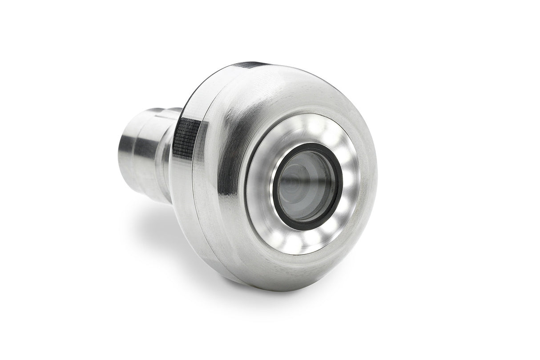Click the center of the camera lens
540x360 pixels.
coord(307,185)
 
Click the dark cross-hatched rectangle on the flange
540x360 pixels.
coord(187,136)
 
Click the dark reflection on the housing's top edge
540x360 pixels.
coord(251,64)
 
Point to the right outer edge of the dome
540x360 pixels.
coord(376,178)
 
